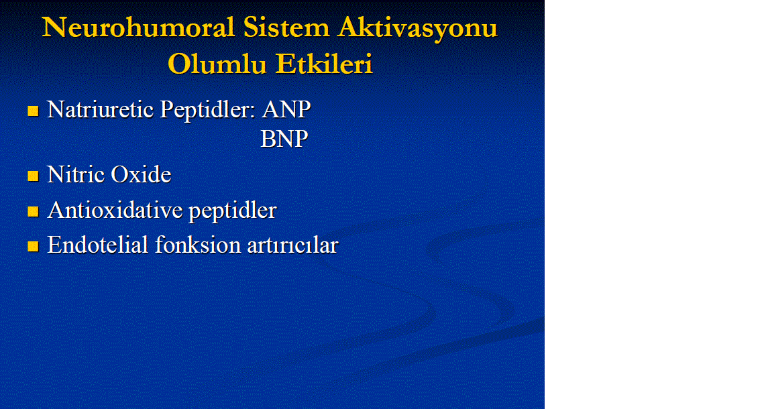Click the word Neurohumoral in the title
tap(138, 27)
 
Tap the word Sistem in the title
tap(286, 27)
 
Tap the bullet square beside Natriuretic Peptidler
tap(33, 111)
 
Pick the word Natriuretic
tap(101, 109)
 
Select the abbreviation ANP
tap(286, 109)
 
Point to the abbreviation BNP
tap(284, 139)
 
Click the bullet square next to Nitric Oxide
tap(33, 176)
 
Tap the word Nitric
tap(75, 174)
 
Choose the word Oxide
tap(141, 174)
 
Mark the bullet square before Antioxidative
tap(33, 211)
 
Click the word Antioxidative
tap(115, 210)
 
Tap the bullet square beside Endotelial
tap(33, 246)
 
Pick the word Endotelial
tap(97, 245)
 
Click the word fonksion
tap(198, 245)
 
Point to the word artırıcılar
tap(292, 245)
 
